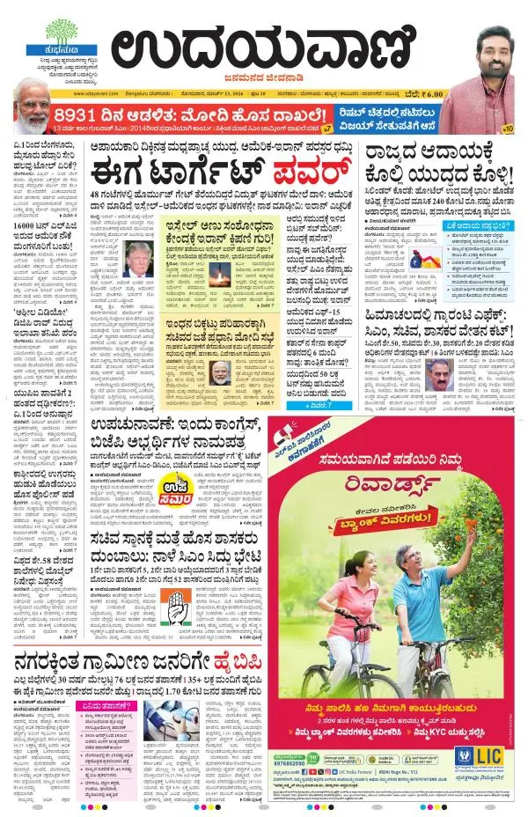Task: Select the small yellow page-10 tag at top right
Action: (507, 129)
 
